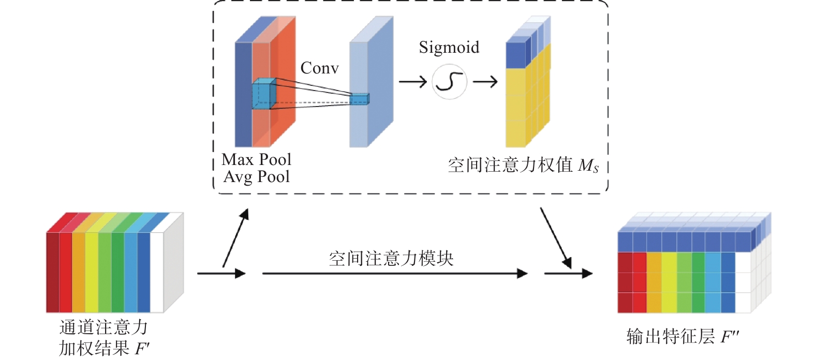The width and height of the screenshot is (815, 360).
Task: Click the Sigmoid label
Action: point(449,48)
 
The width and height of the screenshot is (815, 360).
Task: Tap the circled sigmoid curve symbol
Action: point(449,82)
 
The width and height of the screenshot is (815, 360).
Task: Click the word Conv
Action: point(319,68)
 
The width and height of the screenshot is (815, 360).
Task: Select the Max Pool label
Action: point(256,159)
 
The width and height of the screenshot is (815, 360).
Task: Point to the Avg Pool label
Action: point(256,177)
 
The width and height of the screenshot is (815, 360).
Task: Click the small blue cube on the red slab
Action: point(263,95)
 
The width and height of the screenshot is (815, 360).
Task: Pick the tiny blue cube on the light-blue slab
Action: point(360,99)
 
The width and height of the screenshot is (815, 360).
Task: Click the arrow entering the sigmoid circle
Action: point(412,82)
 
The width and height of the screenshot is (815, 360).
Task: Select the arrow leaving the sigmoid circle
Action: point(485,82)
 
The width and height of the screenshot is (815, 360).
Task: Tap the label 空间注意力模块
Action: point(391,259)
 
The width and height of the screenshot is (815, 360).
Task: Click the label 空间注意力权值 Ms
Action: point(523,166)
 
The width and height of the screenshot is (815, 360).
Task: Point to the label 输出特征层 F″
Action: point(682,337)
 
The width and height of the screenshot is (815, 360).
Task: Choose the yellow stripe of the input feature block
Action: point(92,272)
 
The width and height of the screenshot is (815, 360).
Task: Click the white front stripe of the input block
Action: point(156,272)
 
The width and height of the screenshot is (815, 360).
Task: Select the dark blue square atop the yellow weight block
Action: point(515,55)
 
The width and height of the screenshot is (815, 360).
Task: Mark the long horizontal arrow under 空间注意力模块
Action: point(395,274)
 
